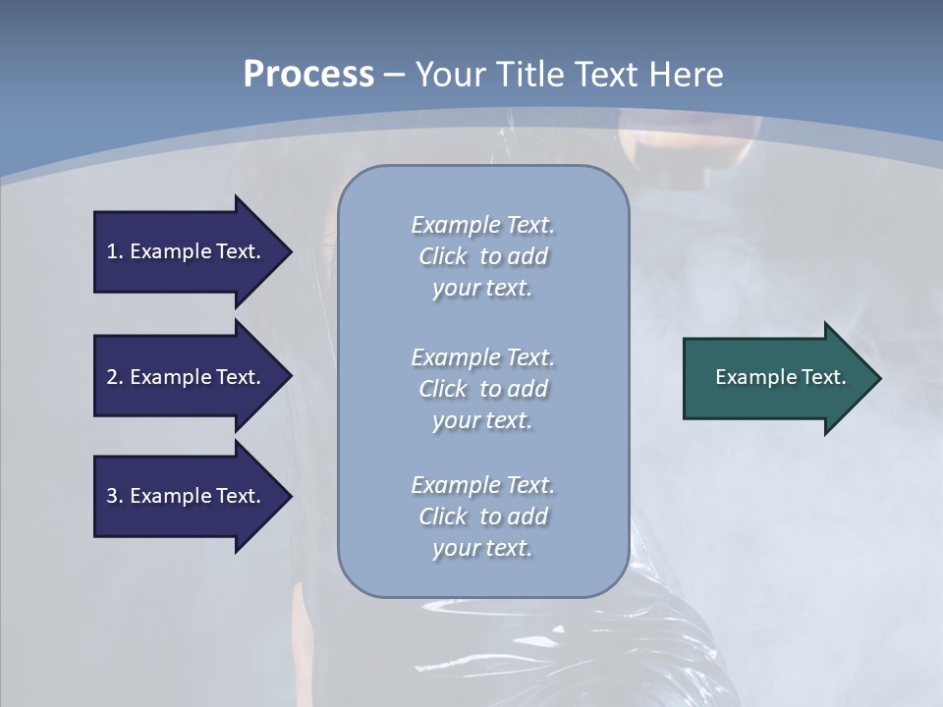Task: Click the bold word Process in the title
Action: [308, 75]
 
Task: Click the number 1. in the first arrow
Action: [114, 251]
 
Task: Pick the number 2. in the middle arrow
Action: [114, 377]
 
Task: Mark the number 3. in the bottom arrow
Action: [114, 496]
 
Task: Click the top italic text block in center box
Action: [482, 256]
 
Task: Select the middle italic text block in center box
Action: [482, 389]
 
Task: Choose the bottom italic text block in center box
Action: [482, 517]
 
